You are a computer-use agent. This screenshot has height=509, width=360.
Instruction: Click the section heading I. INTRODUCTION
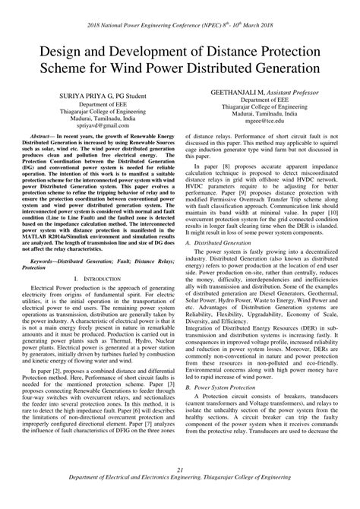coord(100,280)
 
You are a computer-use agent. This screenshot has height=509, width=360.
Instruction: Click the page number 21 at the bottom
coord(179,492)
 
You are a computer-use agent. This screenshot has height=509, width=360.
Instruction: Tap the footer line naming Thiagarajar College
coord(179,501)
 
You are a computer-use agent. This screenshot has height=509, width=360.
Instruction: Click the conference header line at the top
coord(179,11)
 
